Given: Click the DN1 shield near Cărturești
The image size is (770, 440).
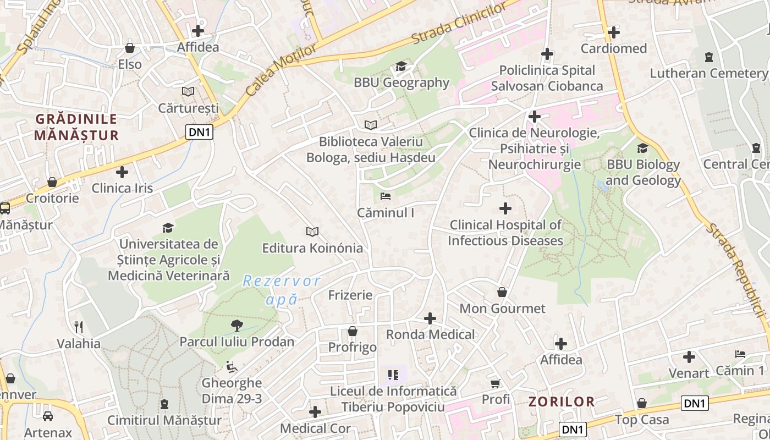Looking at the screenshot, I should (x=199, y=132).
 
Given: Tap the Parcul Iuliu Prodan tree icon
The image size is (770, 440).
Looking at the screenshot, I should (x=237, y=326).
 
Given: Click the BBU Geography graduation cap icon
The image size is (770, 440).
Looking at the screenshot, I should (x=401, y=67).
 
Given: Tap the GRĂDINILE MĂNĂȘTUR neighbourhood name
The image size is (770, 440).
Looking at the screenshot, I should (x=76, y=127).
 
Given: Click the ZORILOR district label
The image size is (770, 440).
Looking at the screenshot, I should (x=562, y=402).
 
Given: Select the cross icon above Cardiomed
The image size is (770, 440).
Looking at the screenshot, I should (x=614, y=32).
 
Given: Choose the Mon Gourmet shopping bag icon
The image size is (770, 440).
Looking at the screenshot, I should (x=502, y=292).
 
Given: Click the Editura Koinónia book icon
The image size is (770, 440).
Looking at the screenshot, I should (x=312, y=232).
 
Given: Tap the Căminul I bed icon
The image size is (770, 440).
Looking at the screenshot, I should (x=386, y=196).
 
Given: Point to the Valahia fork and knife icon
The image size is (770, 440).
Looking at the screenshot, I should (x=79, y=327).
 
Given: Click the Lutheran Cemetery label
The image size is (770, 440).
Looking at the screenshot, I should (x=708, y=73).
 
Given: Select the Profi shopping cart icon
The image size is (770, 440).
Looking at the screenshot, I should (x=496, y=383).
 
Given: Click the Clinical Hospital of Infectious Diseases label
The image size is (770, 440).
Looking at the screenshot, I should (x=505, y=233).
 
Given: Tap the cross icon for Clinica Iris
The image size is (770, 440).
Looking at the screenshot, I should (x=122, y=172).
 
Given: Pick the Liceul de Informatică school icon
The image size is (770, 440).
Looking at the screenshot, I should (x=393, y=375).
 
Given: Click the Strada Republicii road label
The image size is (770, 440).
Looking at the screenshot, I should (x=738, y=269).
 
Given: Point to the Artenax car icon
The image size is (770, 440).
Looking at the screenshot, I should (x=48, y=416).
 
